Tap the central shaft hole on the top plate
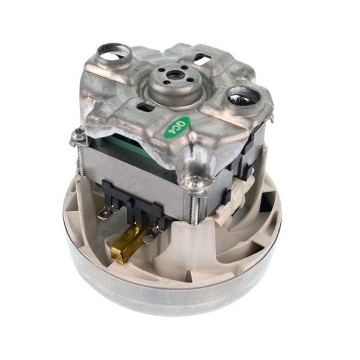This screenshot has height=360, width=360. click(x=173, y=77)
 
